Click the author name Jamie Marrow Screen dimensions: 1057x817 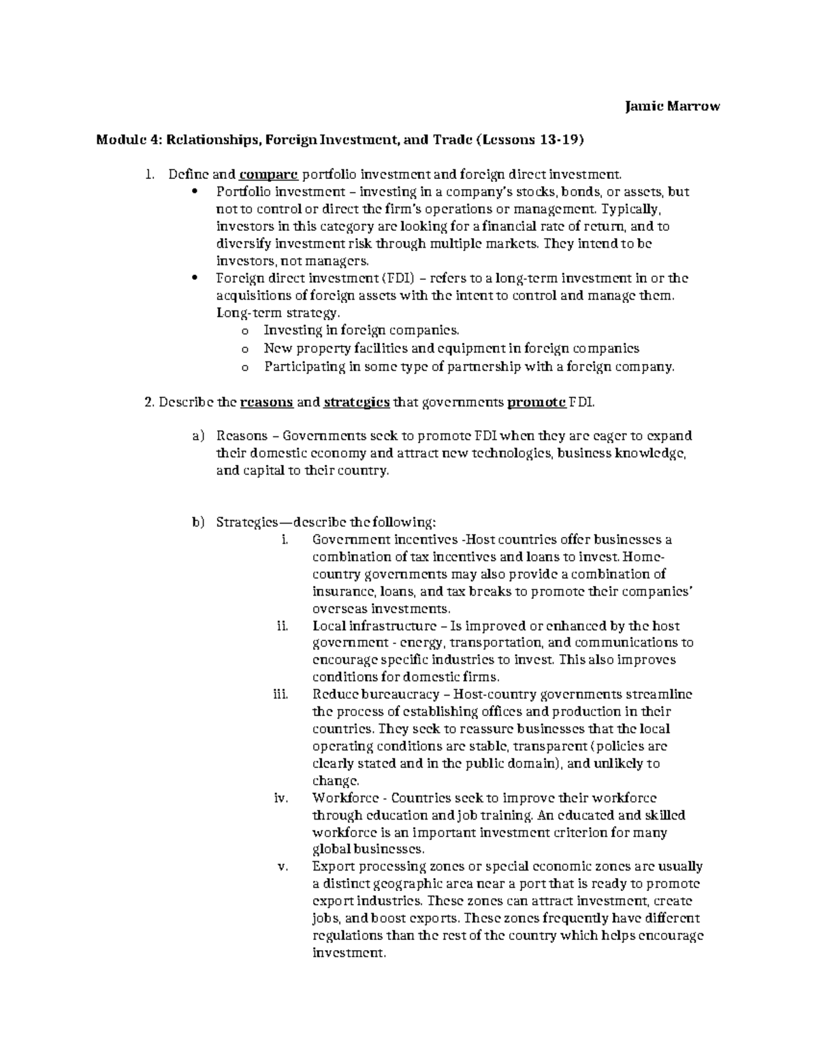point(672,106)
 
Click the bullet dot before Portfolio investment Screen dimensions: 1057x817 point(195,192)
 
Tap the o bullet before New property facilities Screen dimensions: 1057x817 point(244,348)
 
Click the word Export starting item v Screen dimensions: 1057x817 point(331,867)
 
